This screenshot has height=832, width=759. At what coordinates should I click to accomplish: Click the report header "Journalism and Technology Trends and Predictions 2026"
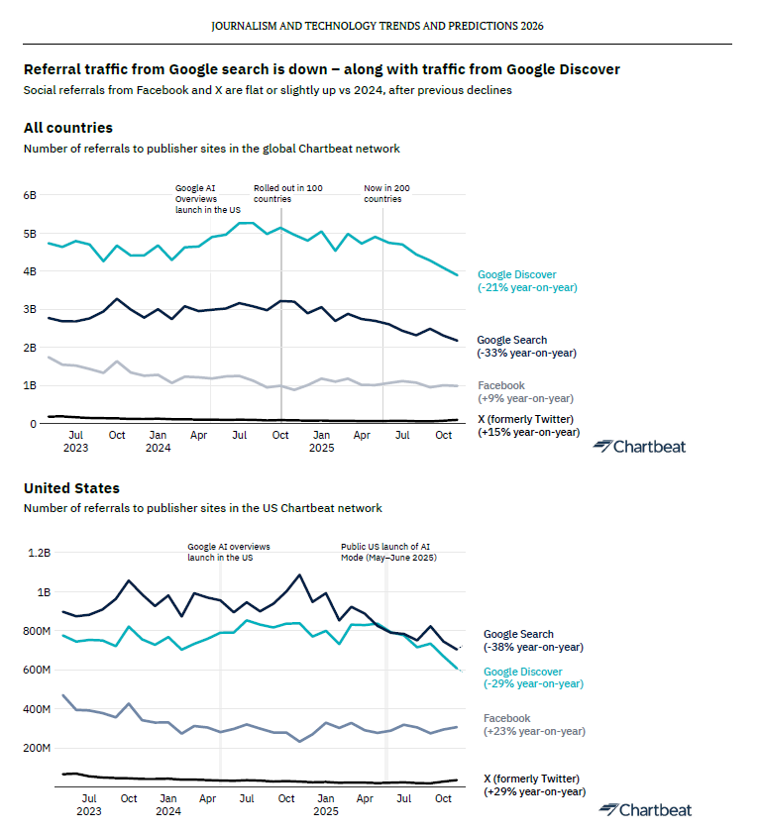coord(378,26)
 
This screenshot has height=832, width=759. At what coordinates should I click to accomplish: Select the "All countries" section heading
coord(68,128)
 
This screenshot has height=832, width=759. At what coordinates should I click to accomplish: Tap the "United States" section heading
coord(71,488)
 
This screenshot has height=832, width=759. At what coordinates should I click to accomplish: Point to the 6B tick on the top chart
coord(30,195)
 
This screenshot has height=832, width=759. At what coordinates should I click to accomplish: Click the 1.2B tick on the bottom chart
coord(40,553)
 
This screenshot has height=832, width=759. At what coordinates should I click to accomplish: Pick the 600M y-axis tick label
coord(37,670)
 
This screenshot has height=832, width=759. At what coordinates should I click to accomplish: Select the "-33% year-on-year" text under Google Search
coord(526,353)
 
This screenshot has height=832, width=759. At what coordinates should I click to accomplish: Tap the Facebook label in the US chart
coord(507,718)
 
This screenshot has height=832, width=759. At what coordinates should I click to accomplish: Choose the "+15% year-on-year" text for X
coord(529,432)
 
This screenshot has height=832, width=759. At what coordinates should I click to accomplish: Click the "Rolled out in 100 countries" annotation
coord(287,194)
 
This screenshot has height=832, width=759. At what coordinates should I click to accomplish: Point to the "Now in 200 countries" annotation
coord(386,194)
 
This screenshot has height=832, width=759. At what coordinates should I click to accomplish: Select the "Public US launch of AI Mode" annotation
coord(388,552)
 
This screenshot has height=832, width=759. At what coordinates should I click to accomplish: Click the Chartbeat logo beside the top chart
coord(639,447)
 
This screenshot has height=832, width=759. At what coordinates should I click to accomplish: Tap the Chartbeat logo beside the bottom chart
coord(645,810)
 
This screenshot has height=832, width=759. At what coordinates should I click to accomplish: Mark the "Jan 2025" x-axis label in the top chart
coord(322,442)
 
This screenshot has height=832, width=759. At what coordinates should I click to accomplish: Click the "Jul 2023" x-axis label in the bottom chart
coord(88,805)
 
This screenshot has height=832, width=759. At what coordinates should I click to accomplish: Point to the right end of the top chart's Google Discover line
coord(457,275)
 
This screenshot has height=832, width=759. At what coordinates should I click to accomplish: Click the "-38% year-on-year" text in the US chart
coord(533,648)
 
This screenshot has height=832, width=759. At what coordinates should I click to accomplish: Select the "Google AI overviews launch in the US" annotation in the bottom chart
coord(229,552)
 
